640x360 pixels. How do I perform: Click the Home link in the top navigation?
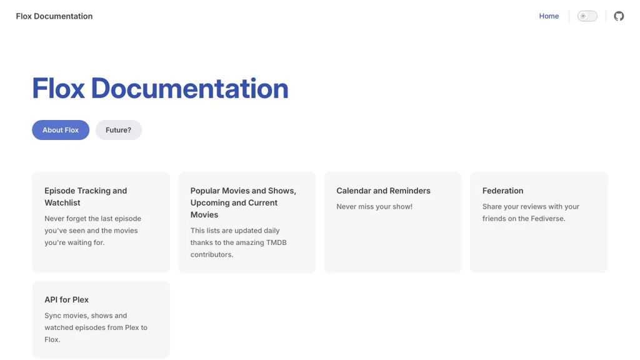[549, 16]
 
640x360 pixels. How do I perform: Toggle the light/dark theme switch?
[587, 16]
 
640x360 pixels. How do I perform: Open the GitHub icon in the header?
[619, 16]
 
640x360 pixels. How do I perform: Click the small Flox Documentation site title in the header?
[54, 16]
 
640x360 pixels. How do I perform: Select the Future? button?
[118, 130]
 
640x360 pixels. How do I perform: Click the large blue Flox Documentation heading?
[160, 88]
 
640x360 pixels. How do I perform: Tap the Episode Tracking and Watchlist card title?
[86, 196]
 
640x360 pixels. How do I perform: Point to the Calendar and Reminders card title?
[383, 191]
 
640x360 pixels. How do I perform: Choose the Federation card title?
[502, 191]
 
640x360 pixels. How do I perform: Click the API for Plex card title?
[66, 299]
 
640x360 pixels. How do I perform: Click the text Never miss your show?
[374, 206]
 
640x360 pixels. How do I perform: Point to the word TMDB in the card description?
[276, 242]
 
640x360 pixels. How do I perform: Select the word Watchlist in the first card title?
[62, 202]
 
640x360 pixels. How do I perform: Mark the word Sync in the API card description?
[52, 316]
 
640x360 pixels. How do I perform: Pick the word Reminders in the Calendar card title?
[410, 191]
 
